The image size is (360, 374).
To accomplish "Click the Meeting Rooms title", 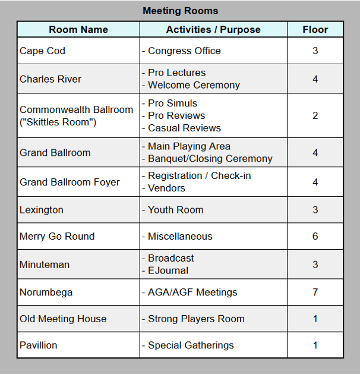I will click(x=180, y=11).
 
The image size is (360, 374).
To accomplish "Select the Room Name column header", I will click(x=78, y=30).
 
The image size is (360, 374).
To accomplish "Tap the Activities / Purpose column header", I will click(x=213, y=30).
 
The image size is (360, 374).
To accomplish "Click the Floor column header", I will click(x=315, y=30).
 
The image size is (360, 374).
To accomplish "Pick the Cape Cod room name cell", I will click(x=42, y=51).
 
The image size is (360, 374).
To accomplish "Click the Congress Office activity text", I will click(x=184, y=51).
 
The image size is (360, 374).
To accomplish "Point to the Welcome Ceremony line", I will click(x=194, y=85).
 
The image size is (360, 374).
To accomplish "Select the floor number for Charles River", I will click(x=315, y=79).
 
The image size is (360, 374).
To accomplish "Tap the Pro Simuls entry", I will click(x=172, y=103).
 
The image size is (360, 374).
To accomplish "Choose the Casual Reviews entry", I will click(x=184, y=128).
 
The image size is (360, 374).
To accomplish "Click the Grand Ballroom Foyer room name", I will click(x=70, y=182).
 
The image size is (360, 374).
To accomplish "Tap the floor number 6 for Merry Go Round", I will click(x=315, y=236).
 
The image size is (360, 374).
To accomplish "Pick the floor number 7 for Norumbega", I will click(x=315, y=292).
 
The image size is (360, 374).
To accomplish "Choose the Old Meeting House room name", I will click(x=63, y=319).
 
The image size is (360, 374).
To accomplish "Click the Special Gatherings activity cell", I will click(x=191, y=345).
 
